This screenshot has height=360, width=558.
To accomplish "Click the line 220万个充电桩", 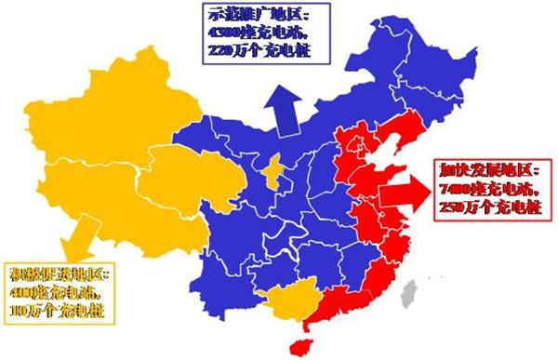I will point(249,51).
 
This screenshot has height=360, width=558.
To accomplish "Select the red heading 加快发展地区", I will point(480,173).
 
